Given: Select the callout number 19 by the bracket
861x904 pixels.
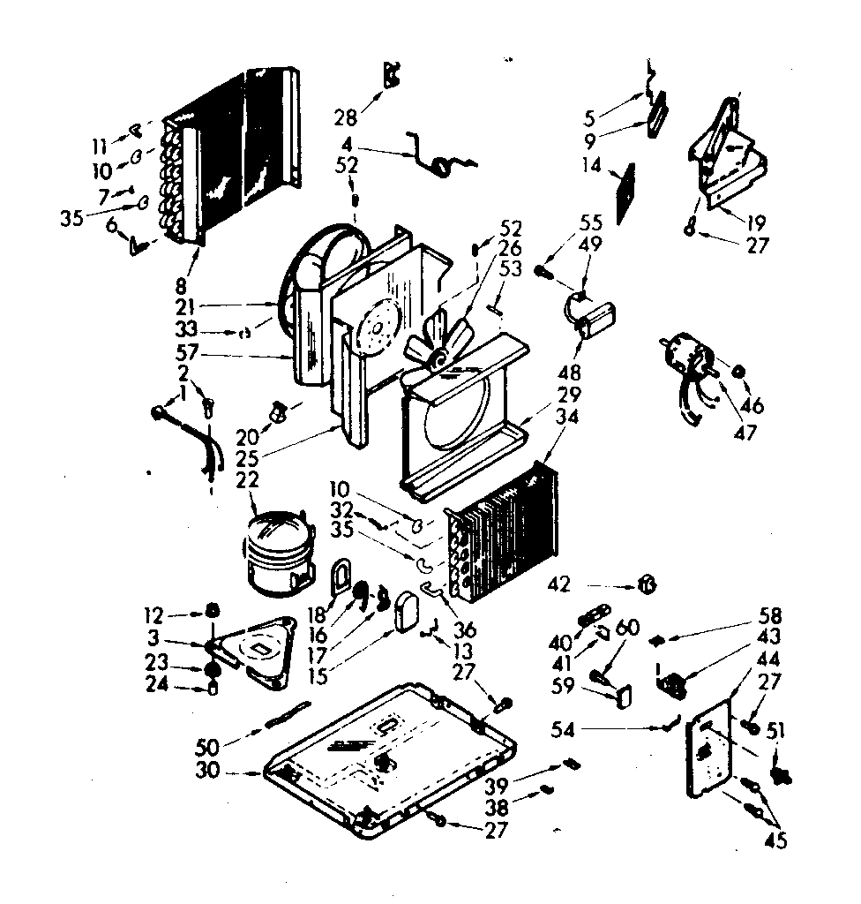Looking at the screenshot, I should click(755, 222).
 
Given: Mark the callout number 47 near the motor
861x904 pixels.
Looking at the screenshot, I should click(744, 434).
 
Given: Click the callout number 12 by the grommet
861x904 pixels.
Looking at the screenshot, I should click(153, 613).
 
